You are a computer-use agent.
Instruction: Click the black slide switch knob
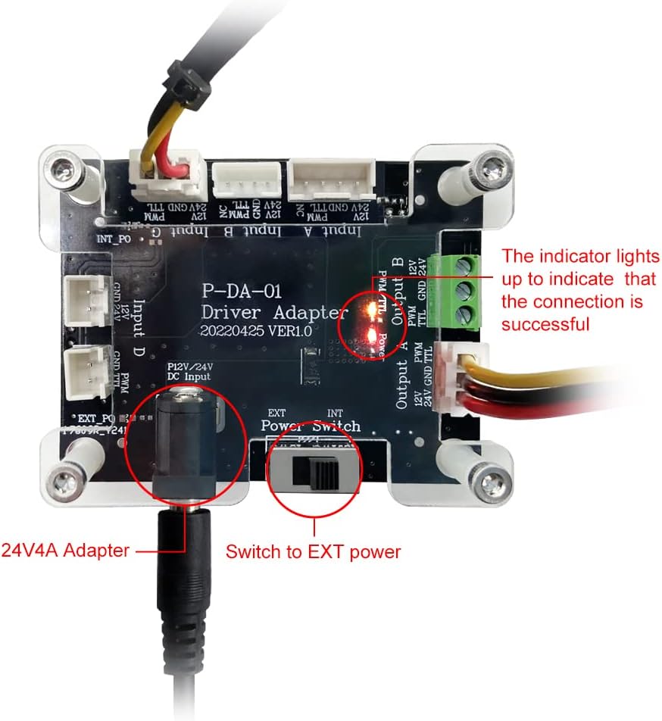pyautogui.click(x=323, y=474)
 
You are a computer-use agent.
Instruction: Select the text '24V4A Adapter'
pyautogui.click(x=65, y=551)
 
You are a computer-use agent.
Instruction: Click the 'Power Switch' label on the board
pyautogui.click(x=311, y=426)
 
